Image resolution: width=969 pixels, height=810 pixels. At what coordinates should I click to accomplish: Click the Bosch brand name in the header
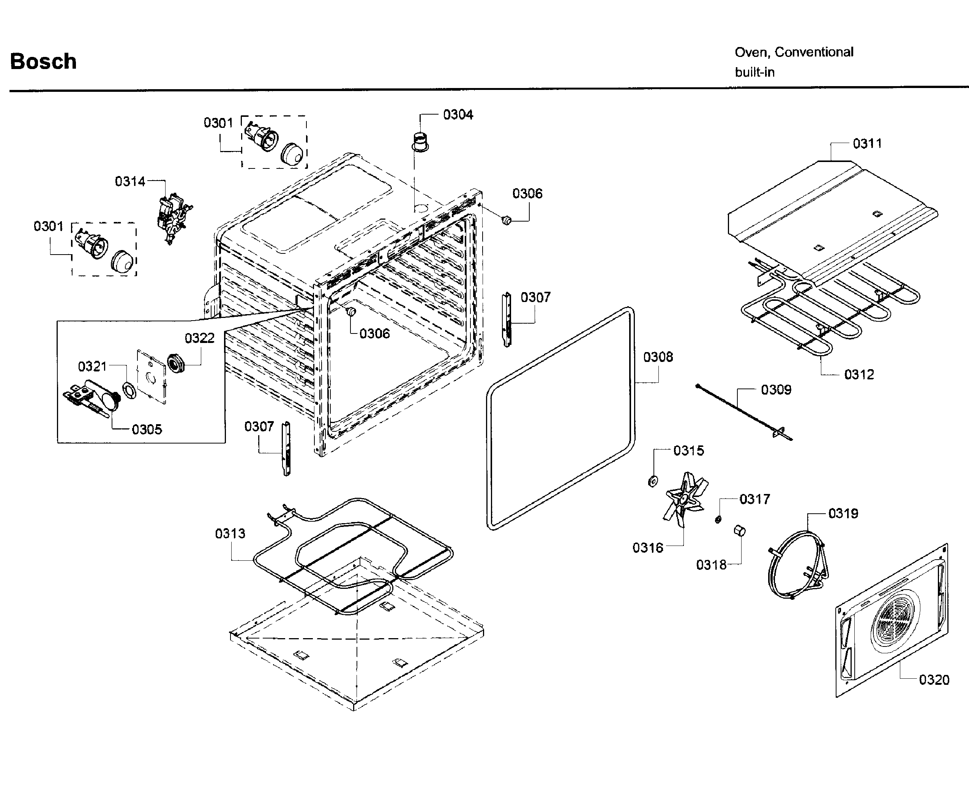[43, 61]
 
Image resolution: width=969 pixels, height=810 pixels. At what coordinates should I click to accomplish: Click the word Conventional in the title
[814, 52]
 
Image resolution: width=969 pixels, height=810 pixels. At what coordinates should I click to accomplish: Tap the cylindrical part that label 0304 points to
[420, 141]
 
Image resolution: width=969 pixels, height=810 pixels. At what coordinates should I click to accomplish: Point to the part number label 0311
[867, 143]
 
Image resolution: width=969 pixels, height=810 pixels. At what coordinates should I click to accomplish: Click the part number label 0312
[859, 374]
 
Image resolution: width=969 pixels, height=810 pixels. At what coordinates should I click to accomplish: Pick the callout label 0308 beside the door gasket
[658, 357]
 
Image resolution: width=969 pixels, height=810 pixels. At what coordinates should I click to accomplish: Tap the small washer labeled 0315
[653, 482]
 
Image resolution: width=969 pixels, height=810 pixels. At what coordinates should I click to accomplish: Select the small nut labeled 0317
[718, 519]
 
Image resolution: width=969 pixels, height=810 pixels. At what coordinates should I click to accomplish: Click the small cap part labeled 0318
[739, 531]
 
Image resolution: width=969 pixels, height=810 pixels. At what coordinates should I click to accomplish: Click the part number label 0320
[934, 680]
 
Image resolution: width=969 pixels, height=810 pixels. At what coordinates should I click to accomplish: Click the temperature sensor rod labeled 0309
[743, 412]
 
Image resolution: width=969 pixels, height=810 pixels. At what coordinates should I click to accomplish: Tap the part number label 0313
[230, 533]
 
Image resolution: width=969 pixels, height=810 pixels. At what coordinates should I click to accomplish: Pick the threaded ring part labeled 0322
[176, 363]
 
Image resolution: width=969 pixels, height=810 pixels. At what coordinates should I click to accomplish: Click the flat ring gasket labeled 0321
[129, 390]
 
